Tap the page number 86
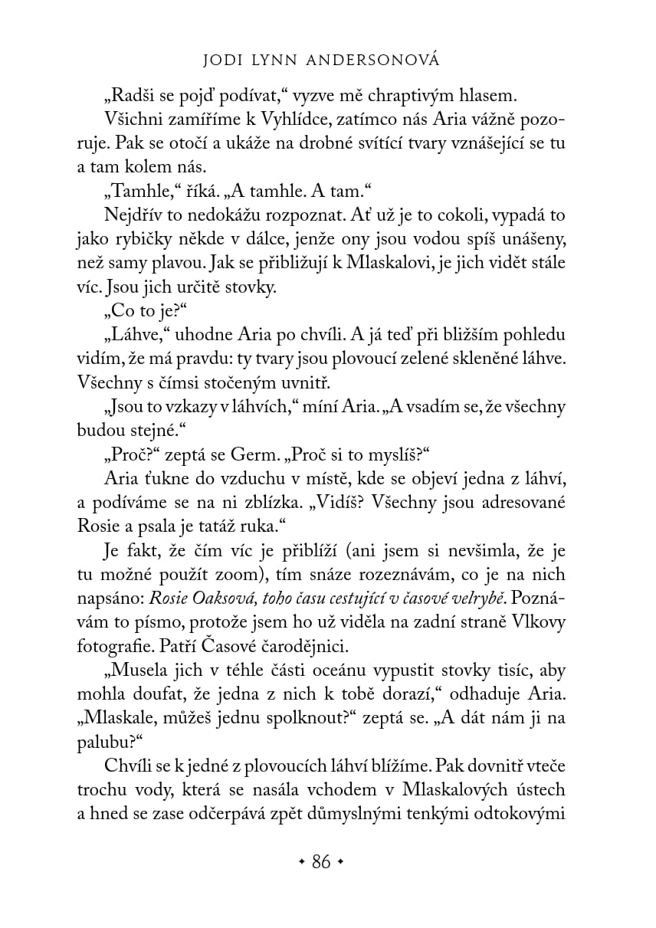321,862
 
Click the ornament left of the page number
301,863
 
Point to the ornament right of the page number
341,863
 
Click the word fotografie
110,646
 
